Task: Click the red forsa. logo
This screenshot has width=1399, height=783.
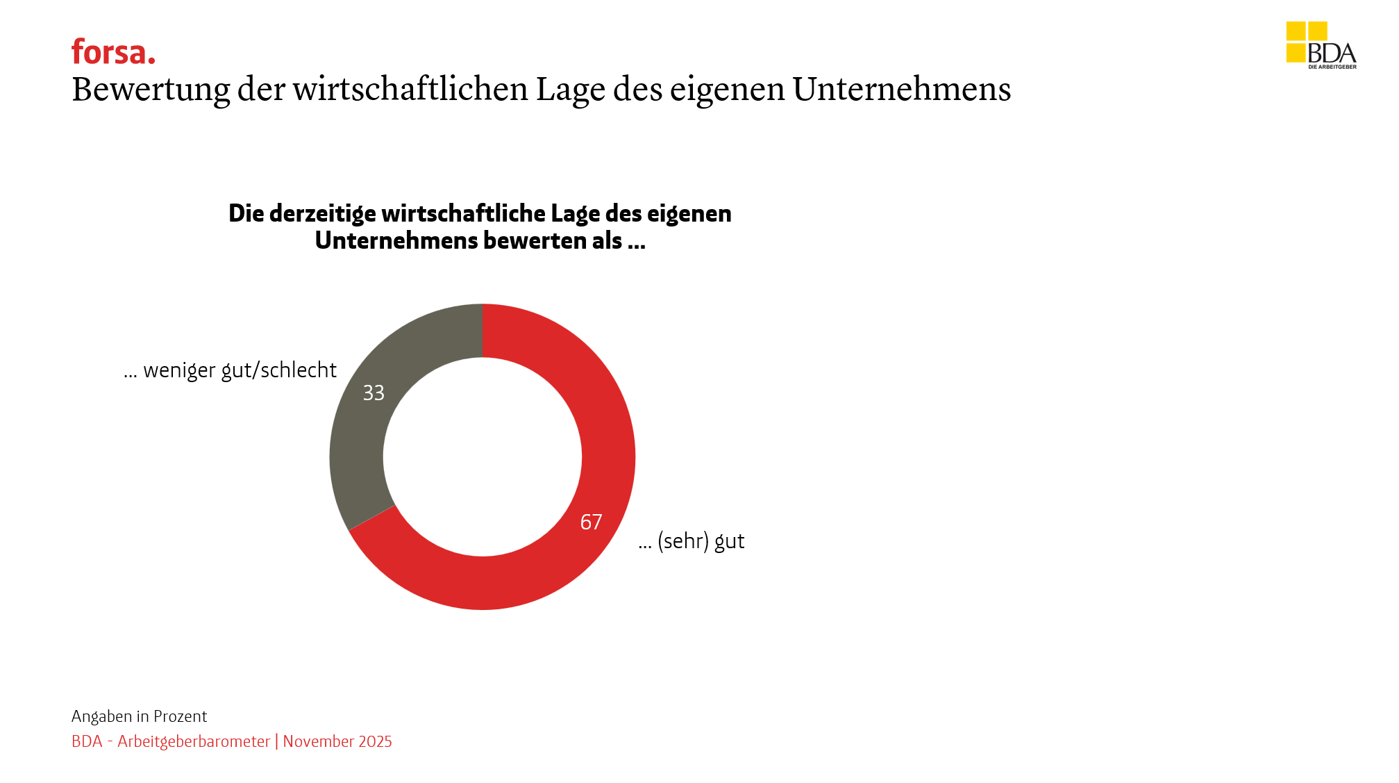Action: tap(113, 52)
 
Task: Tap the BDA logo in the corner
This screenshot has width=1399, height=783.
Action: tap(1321, 45)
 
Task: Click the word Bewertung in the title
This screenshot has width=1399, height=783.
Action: tap(151, 90)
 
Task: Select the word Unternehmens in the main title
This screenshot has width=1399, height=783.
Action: tap(901, 90)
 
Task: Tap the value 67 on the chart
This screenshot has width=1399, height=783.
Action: tap(591, 522)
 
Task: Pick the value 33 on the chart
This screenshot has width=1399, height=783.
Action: tap(374, 393)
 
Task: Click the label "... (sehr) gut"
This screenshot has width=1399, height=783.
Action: tap(692, 541)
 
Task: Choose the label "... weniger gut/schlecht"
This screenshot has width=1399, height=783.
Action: tap(230, 370)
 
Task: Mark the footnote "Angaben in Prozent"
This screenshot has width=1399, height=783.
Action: tap(139, 716)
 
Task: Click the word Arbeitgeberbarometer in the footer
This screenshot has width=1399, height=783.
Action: tap(194, 741)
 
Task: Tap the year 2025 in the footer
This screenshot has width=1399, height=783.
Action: tap(375, 741)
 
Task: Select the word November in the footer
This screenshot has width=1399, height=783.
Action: tap(318, 741)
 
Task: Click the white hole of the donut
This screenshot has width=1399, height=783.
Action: tap(483, 456)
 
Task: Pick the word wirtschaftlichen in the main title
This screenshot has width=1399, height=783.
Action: tap(410, 90)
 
